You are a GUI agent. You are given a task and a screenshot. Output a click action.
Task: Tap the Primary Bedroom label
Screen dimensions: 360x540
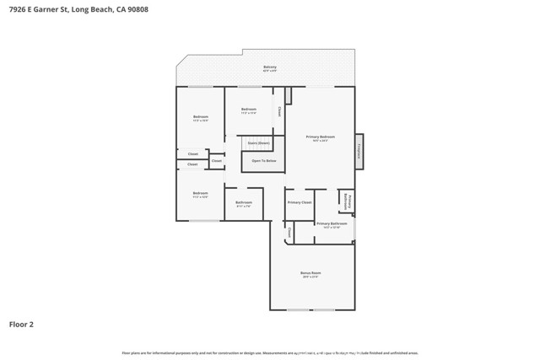[321, 137]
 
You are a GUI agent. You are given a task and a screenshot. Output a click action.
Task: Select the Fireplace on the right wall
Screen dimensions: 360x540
[359, 151]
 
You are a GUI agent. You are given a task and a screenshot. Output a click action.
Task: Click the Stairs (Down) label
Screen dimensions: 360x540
[258, 143]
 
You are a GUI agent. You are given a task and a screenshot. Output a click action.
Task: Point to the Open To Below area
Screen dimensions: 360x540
[264, 160]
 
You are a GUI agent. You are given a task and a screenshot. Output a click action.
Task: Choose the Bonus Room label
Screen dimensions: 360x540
[310, 274]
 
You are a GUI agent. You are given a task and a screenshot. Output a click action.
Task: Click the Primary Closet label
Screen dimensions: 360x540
[300, 202]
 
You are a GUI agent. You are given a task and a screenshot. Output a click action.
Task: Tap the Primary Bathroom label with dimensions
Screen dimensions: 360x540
[332, 224]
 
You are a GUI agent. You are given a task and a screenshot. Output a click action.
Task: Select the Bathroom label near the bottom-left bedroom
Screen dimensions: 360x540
[244, 203]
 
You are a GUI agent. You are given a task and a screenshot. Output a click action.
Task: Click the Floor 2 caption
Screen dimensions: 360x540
[21, 324]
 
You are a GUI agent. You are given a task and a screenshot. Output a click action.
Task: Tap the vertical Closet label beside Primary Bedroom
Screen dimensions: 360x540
[279, 110]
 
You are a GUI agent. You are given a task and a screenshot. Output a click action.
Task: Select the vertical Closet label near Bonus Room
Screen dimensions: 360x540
[289, 232]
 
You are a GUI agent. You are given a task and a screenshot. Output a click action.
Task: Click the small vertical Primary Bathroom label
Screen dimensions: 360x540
[346, 201]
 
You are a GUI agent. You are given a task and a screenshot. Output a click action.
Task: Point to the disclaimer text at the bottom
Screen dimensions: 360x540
[270, 352]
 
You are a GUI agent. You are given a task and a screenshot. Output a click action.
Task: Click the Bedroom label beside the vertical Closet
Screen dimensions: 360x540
[249, 110]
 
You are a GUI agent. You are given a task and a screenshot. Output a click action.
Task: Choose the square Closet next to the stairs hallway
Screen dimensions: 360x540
[217, 160]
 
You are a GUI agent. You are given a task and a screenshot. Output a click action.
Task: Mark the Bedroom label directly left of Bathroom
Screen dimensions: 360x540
[200, 194]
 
